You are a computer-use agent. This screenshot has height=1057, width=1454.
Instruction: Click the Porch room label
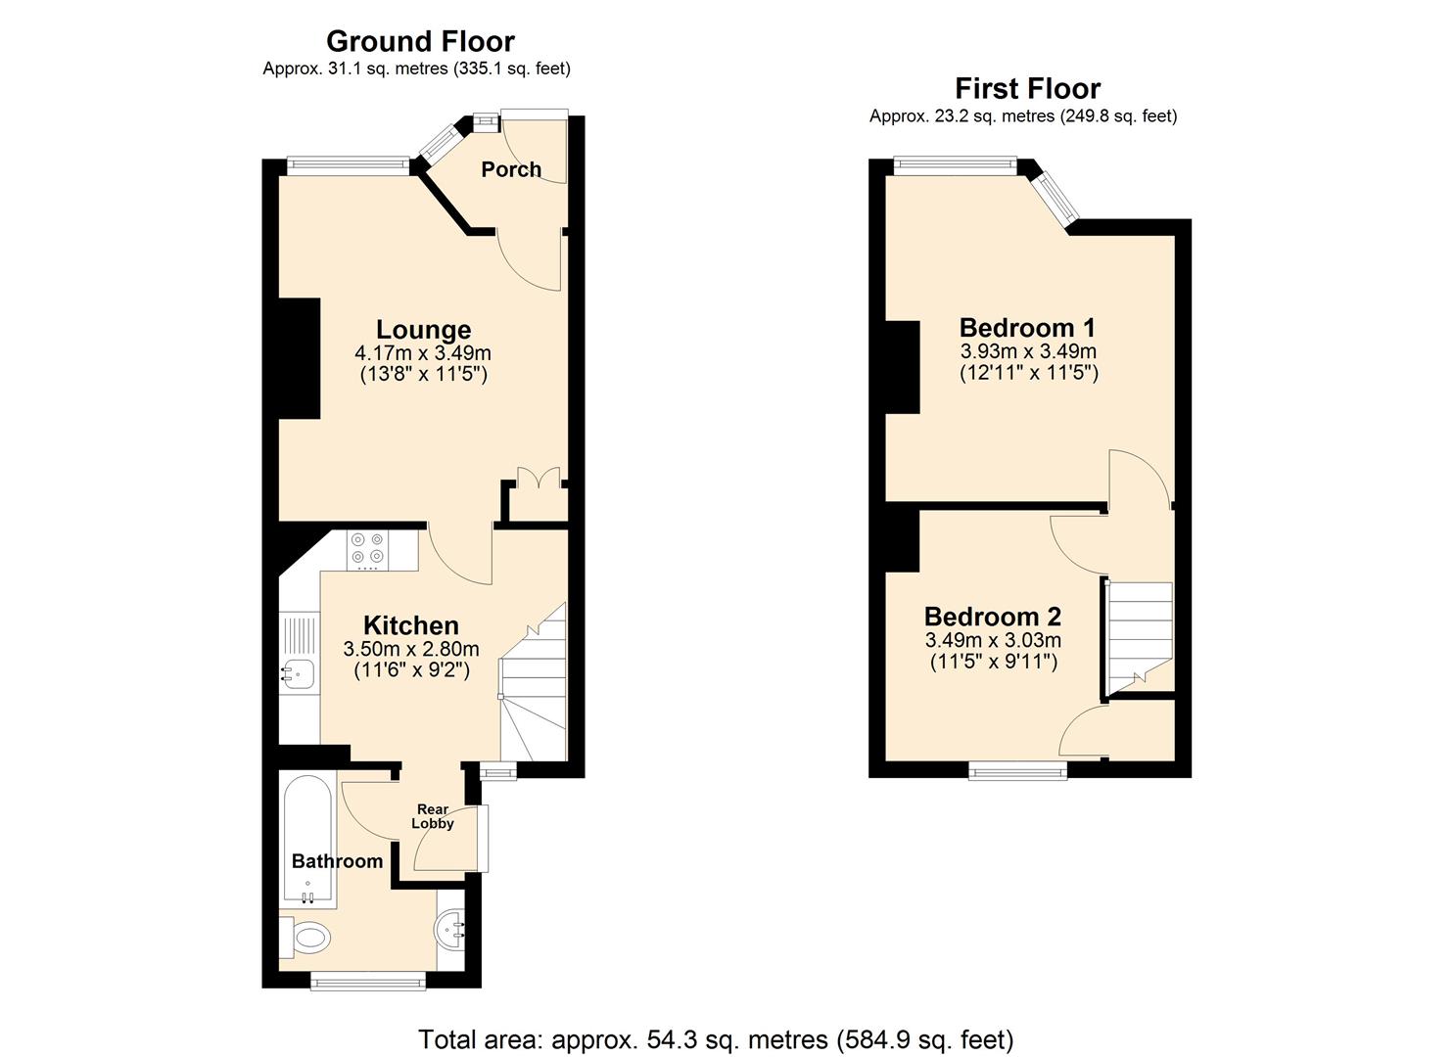click(510, 169)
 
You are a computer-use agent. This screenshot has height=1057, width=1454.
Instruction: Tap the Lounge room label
click(423, 330)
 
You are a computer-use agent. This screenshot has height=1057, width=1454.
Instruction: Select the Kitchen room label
click(410, 625)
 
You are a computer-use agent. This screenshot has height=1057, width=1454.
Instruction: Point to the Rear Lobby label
click(433, 816)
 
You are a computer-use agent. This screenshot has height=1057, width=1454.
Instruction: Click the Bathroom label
click(337, 861)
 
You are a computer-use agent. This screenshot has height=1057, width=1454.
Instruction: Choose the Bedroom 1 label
click(1027, 327)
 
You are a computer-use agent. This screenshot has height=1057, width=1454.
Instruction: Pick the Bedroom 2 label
click(992, 617)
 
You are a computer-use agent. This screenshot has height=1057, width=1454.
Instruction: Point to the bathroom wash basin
click(452, 926)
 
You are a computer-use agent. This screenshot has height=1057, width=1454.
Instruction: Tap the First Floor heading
click(1027, 89)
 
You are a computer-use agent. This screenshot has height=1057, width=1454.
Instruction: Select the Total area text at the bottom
click(716, 1038)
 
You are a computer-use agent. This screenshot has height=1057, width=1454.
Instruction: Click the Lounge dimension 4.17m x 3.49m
click(423, 353)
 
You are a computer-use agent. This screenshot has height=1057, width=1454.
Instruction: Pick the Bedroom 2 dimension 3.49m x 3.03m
click(992, 641)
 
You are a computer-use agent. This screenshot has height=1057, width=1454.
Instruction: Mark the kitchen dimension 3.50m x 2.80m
click(410, 649)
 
